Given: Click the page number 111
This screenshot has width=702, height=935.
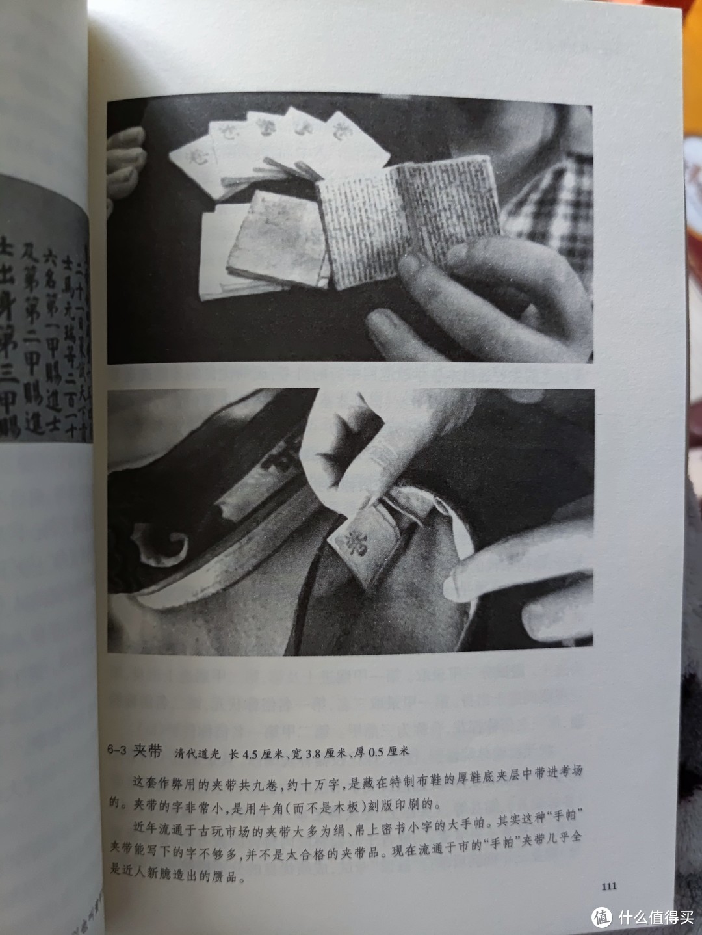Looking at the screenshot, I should click(x=608, y=886).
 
